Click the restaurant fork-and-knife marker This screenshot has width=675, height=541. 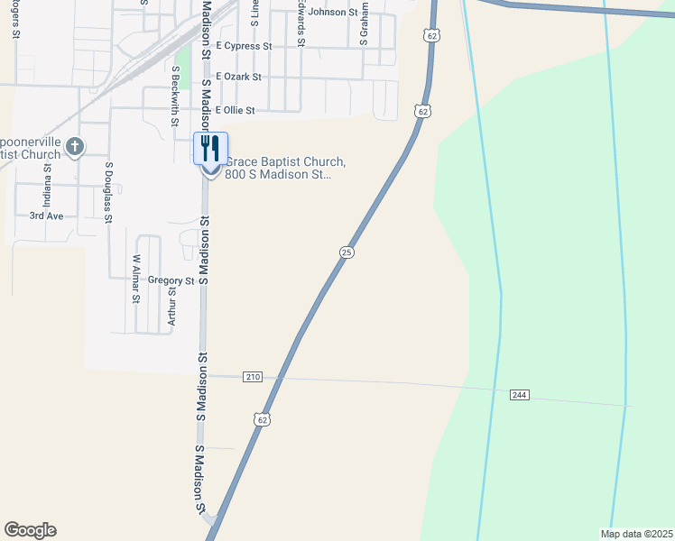pos(210,147)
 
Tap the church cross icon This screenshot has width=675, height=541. pos(75,146)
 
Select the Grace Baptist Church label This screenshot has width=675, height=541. pos(285,168)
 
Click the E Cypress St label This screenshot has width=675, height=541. pos(237,46)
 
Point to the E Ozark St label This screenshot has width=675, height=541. pos(232,78)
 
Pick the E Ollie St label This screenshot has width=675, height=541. pos(229,110)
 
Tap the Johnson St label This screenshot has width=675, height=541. pos(333,12)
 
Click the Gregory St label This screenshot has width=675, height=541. pos(171,280)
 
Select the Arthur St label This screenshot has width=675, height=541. pos(171,305)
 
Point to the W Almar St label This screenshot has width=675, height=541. pos(136,279)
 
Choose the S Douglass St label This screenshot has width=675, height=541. pos(108,192)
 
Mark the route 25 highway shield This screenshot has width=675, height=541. pos(347,253)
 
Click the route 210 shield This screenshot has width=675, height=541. pos(252,376)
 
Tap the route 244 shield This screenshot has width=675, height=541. pos(518,395)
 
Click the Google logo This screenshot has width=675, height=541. pos(30,530)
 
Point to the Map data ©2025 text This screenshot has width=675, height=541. pos(636,533)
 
